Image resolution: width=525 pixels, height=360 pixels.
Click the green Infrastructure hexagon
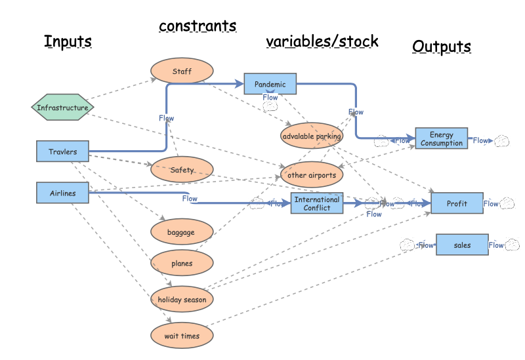pos(62,107)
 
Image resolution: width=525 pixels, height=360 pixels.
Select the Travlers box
pos(62,151)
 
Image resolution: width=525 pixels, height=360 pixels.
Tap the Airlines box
pos(62,193)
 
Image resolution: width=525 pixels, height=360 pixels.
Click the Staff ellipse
pos(182,71)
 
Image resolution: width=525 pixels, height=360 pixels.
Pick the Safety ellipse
pos(182,170)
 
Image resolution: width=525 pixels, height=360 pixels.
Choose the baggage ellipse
pos(182,232)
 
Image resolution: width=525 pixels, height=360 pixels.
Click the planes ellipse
pos(182,263)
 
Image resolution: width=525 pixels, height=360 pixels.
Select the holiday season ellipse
pos(182,299)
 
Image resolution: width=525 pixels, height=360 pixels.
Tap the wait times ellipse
pos(182,336)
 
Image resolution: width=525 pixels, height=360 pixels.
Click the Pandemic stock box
pos(270,84)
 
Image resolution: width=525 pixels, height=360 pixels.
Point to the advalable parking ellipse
pos(312,136)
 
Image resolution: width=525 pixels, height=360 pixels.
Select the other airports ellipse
pos(312,174)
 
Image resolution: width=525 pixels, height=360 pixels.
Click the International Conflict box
pos(317,203)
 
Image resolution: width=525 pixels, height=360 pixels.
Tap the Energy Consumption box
pos(441,138)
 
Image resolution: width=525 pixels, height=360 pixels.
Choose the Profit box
pos(457,203)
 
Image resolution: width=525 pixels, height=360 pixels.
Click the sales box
pos(462,245)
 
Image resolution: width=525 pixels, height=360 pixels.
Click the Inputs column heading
pos(68,41)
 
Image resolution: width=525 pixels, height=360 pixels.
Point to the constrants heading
pos(198,26)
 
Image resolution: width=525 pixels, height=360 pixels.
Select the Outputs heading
pos(441,47)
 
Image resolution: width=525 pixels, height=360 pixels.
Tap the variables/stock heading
pos(322,41)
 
